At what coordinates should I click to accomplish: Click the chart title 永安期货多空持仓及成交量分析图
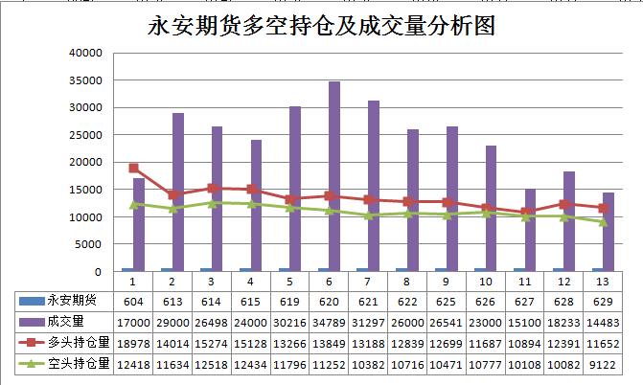[x=321, y=25]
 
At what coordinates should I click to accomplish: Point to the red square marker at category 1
[x=133, y=169]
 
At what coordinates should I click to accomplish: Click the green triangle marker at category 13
[x=604, y=221]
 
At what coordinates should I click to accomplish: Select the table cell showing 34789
[x=329, y=323]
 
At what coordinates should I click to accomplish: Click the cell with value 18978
[x=132, y=343]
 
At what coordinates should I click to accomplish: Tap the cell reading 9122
[x=604, y=363]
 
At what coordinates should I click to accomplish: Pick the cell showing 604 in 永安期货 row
[x=132, y=302]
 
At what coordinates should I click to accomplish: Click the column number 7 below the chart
[x=368, y=282]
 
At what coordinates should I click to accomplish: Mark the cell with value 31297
[x=368, y=323]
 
